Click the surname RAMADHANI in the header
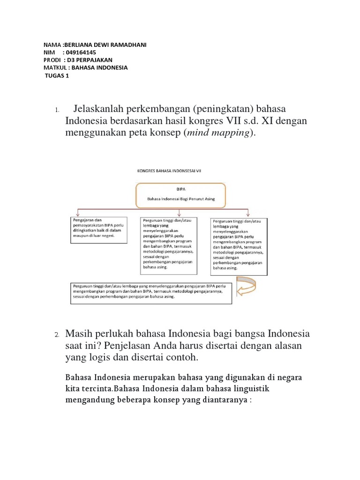click(127, 45)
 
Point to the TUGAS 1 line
click(57, 75)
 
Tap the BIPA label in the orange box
click(180, 189)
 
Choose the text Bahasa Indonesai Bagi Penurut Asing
click(180, 199)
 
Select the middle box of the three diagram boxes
click(168, 245)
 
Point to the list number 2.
click(56, 335)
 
